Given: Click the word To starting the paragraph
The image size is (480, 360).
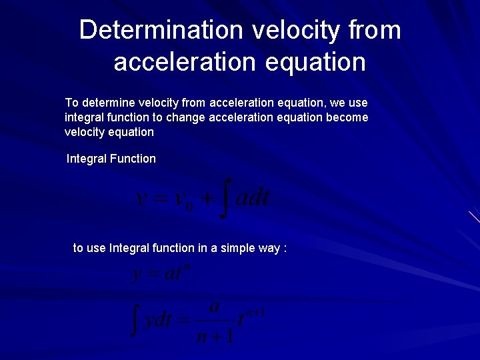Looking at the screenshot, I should (x=71, y=103).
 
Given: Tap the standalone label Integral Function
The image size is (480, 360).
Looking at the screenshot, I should (x=111, y=159).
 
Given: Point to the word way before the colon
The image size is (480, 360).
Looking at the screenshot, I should (x=269, y=248).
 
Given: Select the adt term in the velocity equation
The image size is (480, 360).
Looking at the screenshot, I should (x=253, y=198).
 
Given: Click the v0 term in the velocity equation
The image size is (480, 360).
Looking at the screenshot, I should (x=183, y=201).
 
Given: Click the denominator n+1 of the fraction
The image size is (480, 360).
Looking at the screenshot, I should (x=215, y=335).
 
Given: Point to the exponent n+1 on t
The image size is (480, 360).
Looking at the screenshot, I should (x=255, y=312).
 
